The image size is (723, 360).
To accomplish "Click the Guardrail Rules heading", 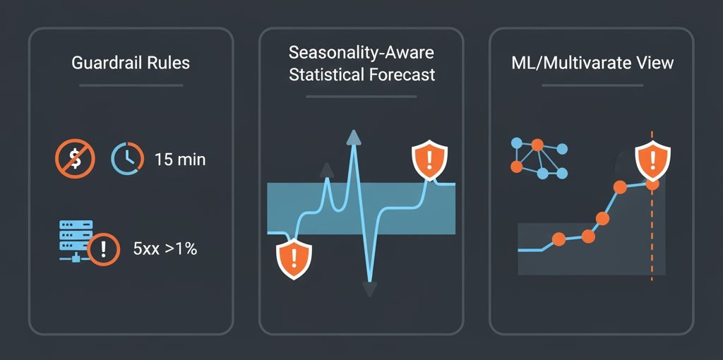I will point(131,63).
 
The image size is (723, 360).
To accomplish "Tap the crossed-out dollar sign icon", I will point(74,159).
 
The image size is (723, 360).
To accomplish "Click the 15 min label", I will point(180,160).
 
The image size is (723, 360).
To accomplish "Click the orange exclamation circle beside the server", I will point(104,248).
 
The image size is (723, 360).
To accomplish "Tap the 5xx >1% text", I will point(165,248).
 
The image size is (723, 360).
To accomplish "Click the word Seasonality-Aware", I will point(361,53).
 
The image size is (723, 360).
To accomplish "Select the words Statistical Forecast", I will point(361,75).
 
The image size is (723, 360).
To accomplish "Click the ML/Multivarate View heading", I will point(592,63).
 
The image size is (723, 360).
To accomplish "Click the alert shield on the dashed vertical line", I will point(651,160).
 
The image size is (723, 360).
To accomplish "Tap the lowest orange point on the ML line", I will point(558,240).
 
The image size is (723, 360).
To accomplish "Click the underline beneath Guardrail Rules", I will point(131,85).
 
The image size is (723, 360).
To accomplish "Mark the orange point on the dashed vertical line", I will point(652,184).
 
